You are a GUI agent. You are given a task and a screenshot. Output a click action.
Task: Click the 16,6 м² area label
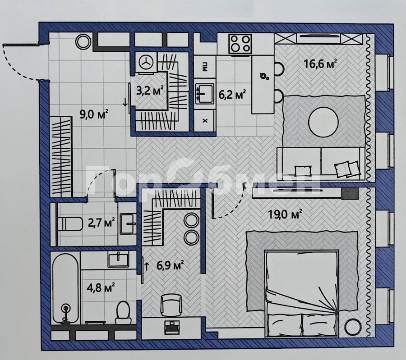coord(320,64)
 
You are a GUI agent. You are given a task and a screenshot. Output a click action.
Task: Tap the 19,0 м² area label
coord(285,214)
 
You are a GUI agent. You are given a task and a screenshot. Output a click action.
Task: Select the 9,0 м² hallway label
coord(94,114)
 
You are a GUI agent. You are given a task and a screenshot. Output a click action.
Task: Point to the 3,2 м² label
coord(150,91)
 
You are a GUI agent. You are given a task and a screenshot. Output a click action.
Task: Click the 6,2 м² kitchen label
coord(232,95)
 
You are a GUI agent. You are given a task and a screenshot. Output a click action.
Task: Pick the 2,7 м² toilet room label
coord(101,223)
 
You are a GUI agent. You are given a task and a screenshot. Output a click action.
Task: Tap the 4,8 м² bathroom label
coord(101,287)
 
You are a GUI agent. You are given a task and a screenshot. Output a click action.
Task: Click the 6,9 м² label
coord(170,265)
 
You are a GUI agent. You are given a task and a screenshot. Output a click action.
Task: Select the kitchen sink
coord(205,93)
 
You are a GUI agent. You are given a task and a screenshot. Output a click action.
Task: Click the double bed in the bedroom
coord(302,293)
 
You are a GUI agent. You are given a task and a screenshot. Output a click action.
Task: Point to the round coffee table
coord(323,121)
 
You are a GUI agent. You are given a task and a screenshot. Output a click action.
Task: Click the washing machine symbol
coord(146,62)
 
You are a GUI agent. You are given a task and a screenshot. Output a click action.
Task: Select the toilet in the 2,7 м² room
coord(70,224)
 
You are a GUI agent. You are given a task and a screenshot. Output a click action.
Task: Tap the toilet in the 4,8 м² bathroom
coord(123,313)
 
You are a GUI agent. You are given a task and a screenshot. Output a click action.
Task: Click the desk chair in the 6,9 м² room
coord(171,305)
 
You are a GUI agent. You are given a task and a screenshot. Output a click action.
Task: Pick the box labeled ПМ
coord(205,68)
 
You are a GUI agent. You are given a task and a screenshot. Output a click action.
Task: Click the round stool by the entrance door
coord(83,41)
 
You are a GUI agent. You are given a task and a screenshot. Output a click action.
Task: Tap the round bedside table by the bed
coord(353,327)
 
